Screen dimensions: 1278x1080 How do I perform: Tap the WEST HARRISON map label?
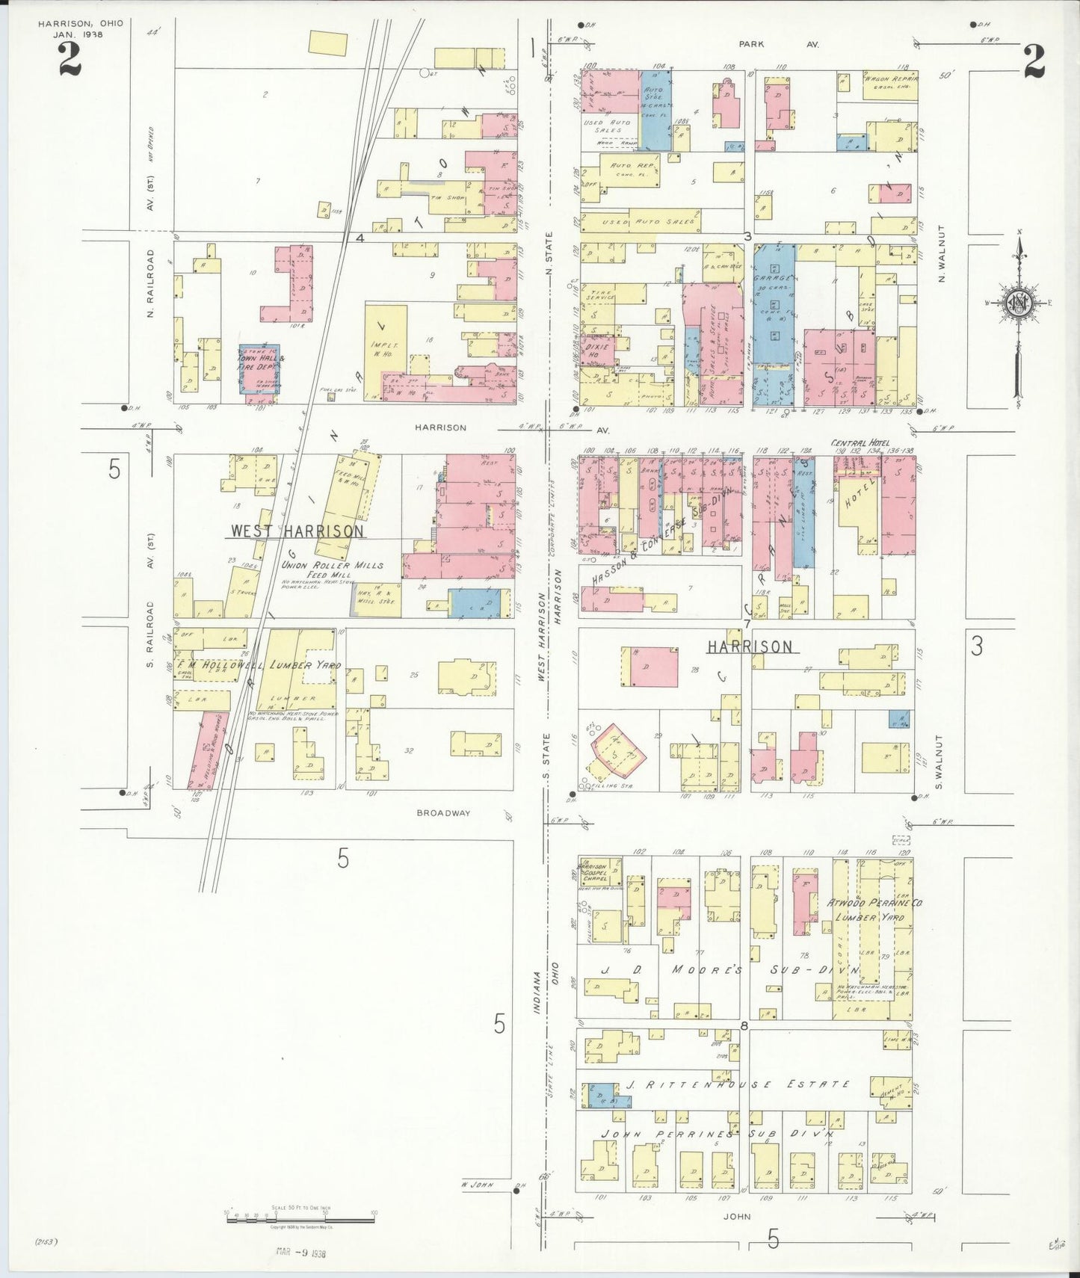(297, 531)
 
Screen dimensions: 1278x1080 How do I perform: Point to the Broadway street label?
(444, 812)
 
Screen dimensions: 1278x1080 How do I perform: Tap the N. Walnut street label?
(941, 253)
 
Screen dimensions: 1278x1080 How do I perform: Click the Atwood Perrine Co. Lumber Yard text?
(874, 910)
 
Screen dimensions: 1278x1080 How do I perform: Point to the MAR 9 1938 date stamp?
(300, 1251)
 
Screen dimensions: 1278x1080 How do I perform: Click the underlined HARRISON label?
(750, 646)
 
